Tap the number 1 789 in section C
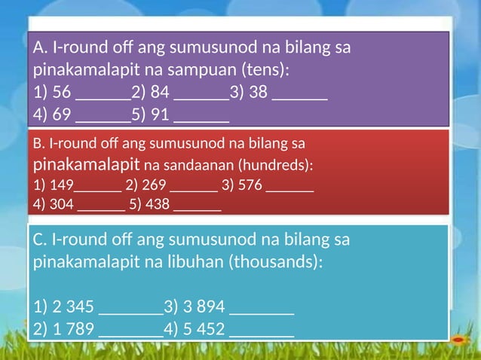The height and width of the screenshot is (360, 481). [73, 328]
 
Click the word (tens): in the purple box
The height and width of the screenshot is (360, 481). [265, 71]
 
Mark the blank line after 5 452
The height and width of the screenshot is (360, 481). [261, 333]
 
